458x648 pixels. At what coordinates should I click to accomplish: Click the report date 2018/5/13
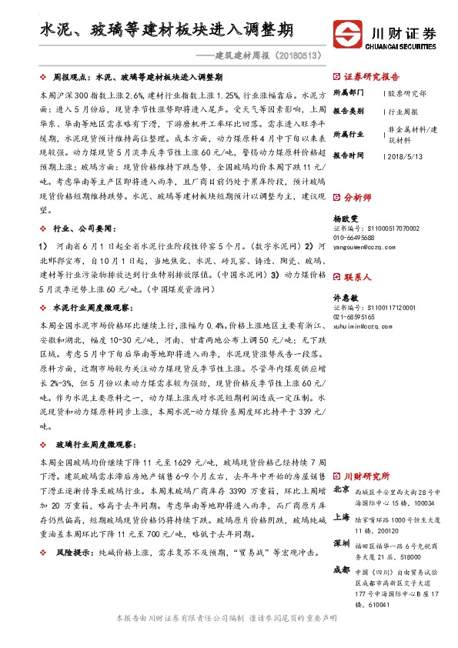pyautogui.click(x=407, y=155)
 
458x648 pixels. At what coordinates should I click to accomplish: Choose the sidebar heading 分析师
pyautogui.click(x=357, y=198)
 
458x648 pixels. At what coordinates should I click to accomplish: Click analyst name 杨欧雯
pyautogui.click(x=346, y=219)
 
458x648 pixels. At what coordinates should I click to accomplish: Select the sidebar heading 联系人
pyautogui.click(x=357, y=276)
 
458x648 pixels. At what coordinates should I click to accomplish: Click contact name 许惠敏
pyautogui.click(x=346, y=298)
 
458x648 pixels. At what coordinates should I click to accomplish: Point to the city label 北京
pyautogui.click(x=343, y=489)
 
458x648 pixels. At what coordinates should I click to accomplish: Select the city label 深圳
pyautogui.click(x=343, y=543)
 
